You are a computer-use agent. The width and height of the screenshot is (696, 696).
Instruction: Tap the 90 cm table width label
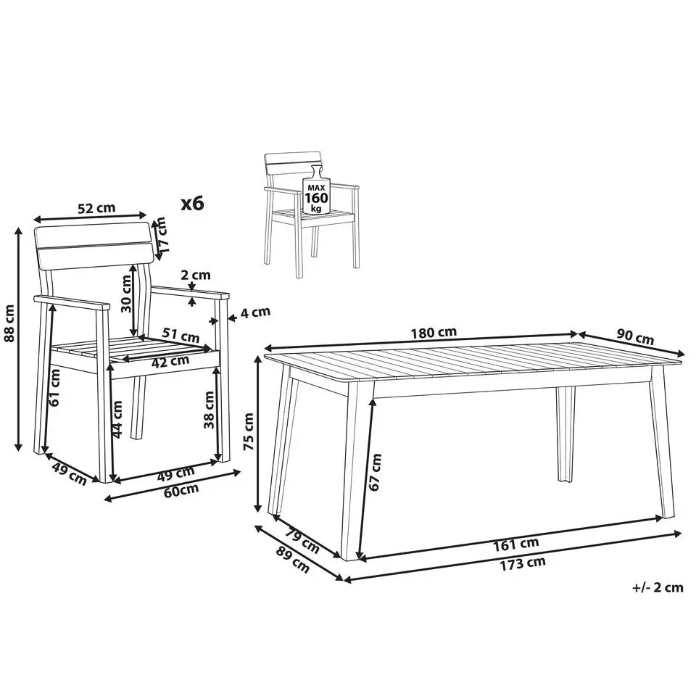635,337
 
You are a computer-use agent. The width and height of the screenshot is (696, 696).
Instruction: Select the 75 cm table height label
249,431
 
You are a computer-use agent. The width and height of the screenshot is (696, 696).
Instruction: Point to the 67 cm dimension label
375,472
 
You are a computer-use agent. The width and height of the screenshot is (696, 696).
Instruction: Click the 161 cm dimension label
515,544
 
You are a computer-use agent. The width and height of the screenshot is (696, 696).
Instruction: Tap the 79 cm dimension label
302,539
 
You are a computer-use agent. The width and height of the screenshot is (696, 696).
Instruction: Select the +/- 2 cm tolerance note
658,587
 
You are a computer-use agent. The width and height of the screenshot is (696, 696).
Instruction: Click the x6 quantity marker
193,203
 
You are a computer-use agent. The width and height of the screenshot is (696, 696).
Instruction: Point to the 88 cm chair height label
9,323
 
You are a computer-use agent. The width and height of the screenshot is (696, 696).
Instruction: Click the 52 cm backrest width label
96,208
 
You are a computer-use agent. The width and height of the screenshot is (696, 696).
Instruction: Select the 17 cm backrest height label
162,235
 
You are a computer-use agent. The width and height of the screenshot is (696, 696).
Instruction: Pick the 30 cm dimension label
126,294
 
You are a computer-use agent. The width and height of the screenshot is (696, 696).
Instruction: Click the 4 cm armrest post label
255,312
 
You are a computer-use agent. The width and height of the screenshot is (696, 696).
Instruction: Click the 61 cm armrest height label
54,388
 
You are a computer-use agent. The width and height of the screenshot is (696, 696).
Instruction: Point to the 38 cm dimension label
209,410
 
